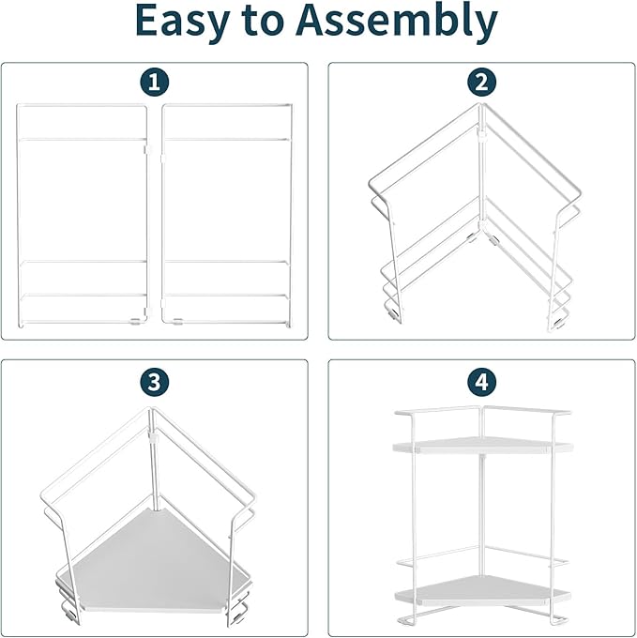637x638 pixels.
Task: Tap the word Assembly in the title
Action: [x=397, y=21]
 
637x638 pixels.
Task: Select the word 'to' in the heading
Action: [x=262, y=22]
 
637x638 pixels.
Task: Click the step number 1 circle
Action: [x=155, y=83]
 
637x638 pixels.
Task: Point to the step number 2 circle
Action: [x=481, y=83]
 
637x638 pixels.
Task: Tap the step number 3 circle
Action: [x=155, y=383]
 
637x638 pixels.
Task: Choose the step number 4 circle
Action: [x=481, y=383]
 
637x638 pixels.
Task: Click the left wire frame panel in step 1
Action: [x=17, y=216]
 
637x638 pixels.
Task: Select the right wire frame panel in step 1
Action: [x=291, y=216]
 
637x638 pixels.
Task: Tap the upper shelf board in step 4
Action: [x=482, y=447]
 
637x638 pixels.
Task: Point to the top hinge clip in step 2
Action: [x=481, y=135]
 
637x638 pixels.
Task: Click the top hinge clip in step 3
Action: [x=154, y=438]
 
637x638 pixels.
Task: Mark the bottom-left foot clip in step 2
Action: [x=393, y=312]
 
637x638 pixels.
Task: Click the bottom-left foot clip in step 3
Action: [x=70, y=615]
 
